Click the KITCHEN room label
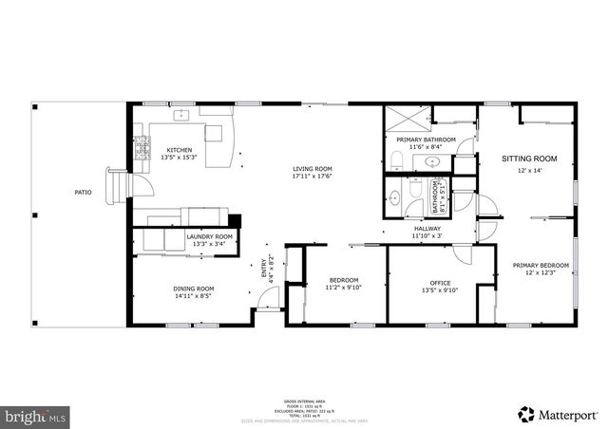coord(180,150)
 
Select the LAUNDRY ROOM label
coord(209,236)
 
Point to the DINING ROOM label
coord(193,289)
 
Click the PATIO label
coord(84,193)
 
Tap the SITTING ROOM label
coord(529,159)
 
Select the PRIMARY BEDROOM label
coord(541,266)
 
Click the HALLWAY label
coord(427,229)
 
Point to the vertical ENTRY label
coord(264,270)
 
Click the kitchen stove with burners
coord(143,148)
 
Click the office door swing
coord(463,254)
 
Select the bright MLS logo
coord(36,415)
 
